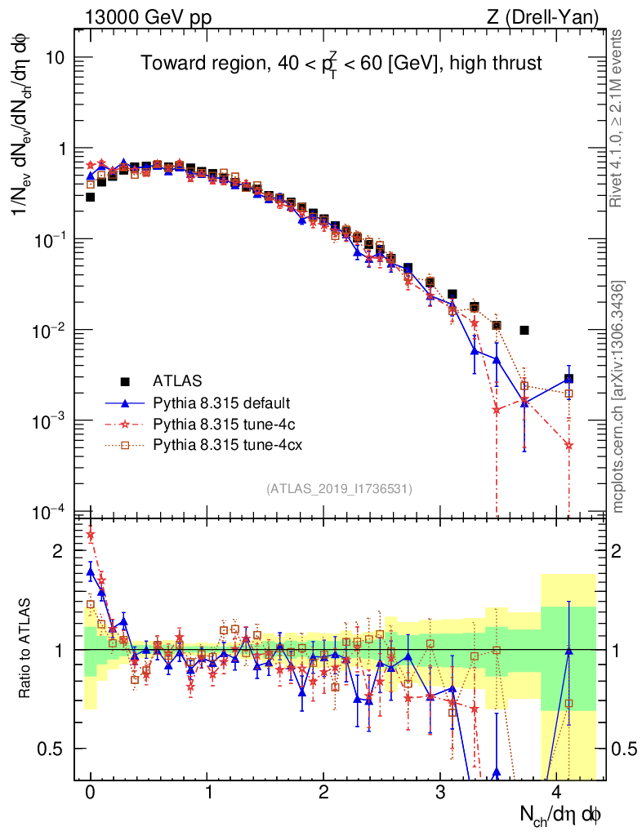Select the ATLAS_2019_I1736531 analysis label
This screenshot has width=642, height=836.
point(339,489)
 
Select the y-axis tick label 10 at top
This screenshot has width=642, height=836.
point(56,58)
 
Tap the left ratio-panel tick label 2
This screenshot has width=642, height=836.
point(57,551)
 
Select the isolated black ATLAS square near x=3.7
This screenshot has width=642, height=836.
point(524,331)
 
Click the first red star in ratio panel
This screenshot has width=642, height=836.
point(91,536)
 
